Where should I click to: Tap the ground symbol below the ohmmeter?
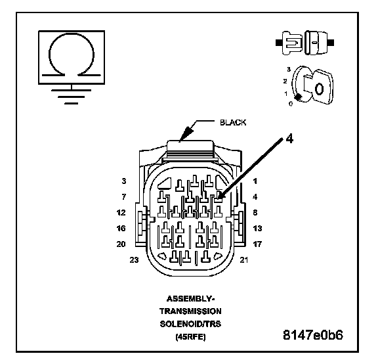point(72,97)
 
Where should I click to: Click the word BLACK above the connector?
point(233,123)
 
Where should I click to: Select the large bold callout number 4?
point(289,139)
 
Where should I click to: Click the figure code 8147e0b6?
point(312,335)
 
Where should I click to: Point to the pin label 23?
point(135,260)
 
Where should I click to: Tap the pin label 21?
point(243,260)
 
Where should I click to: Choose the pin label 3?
point(124,181)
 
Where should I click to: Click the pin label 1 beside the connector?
point(255,181)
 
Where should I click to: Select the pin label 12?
point(121,213)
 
